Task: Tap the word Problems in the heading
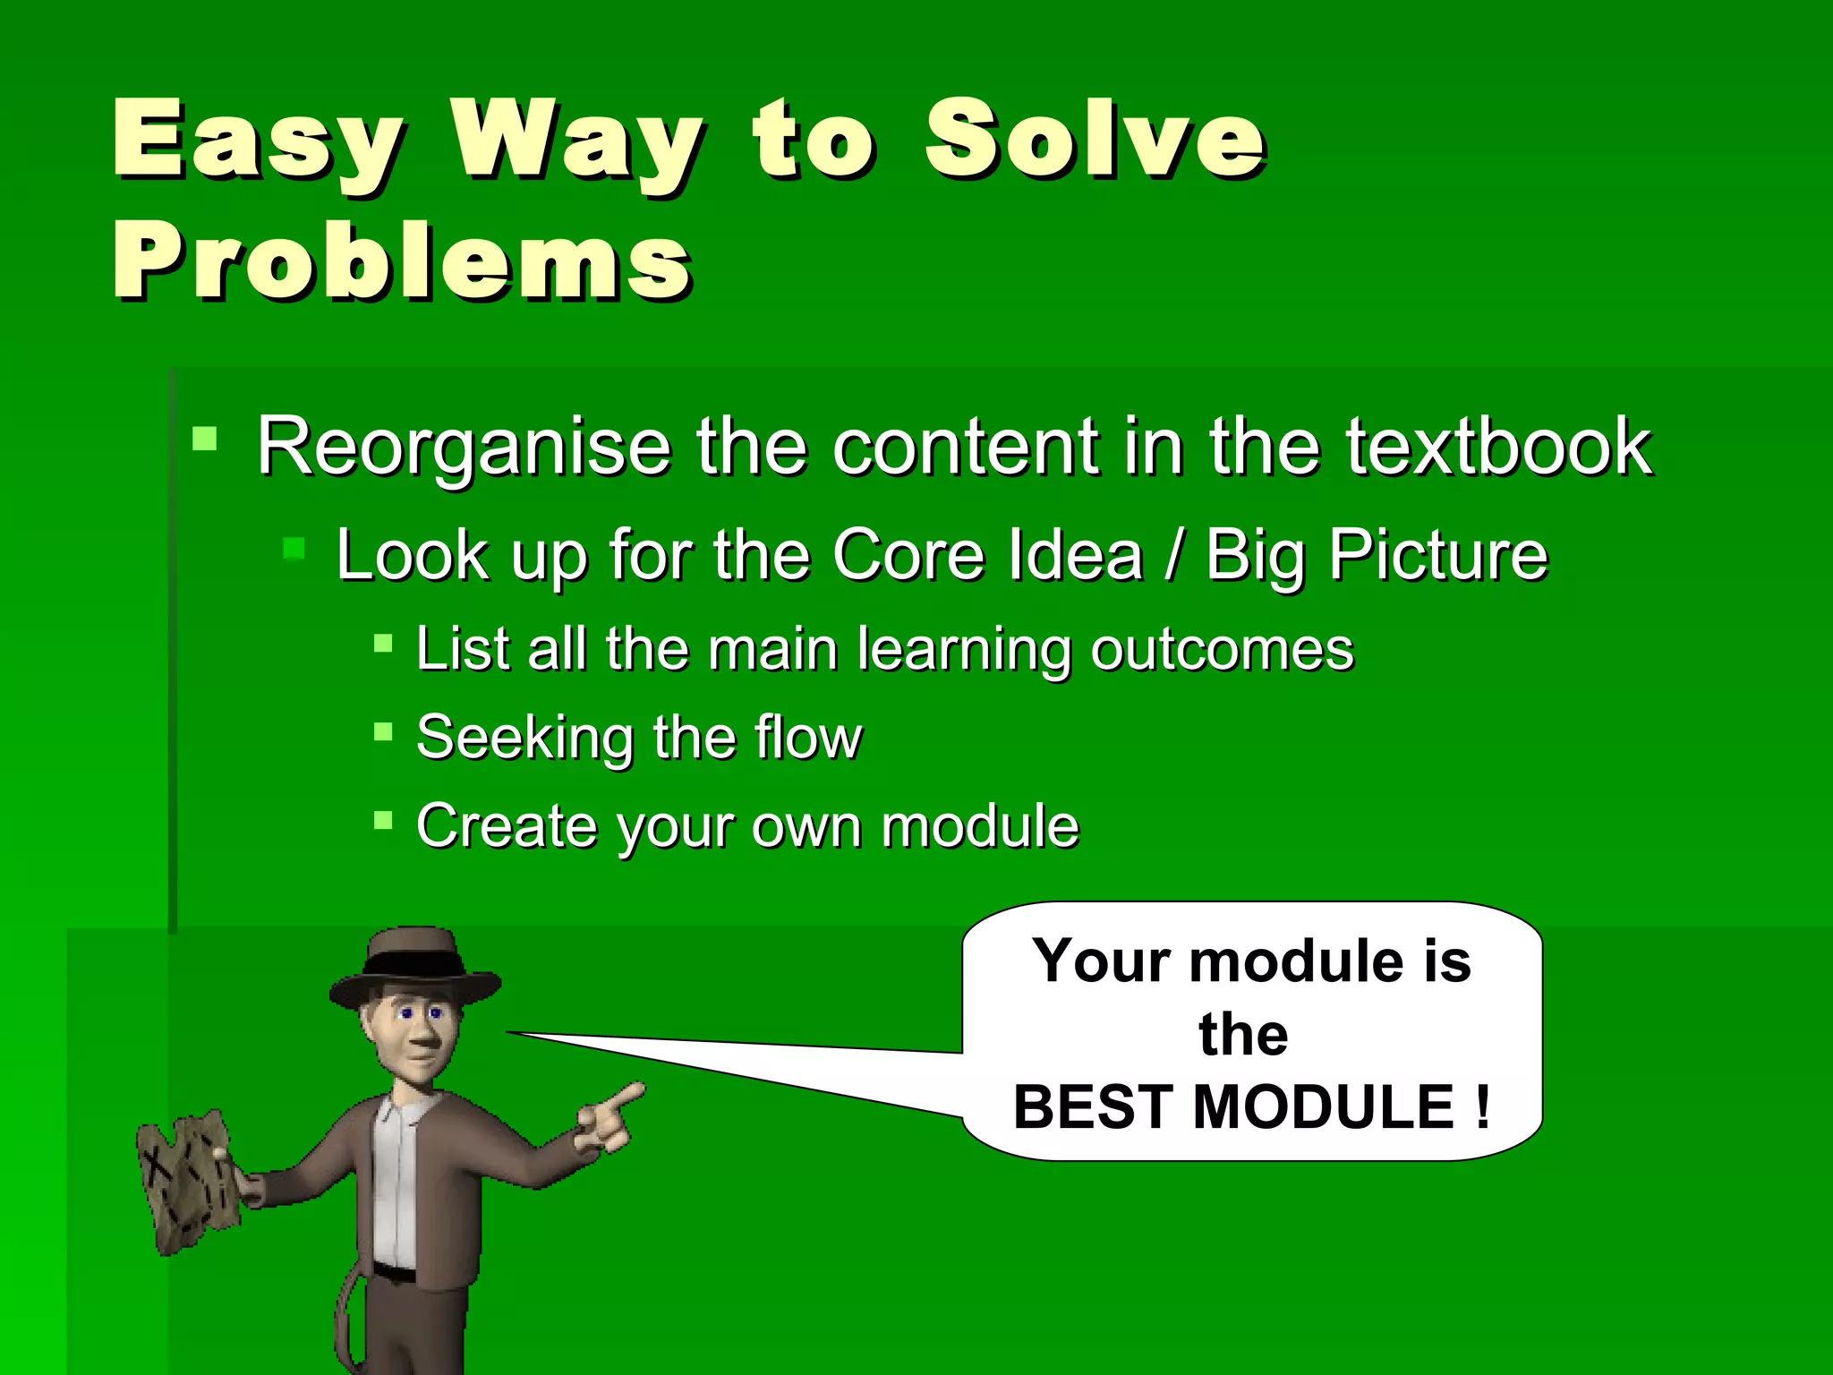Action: tap(401, 261)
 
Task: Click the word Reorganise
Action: tap(464, 448)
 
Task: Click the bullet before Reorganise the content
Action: tap(205, 438)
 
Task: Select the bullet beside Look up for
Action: tap(294, 548)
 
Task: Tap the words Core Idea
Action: tap(987, 555)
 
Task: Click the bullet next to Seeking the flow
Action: tap(383, 732)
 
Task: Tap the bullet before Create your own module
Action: tap(383, 820)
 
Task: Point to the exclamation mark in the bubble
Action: tap(1483, 1106)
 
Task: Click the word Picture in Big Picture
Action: tap(1437, 555)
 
